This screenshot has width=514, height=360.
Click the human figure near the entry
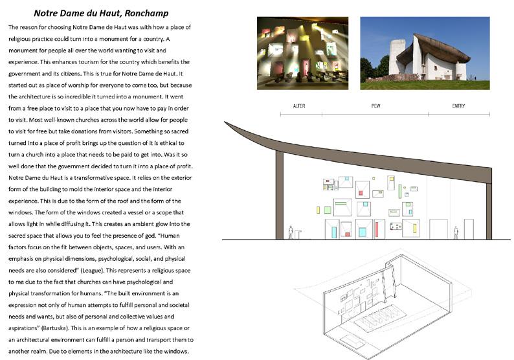click(x=456, y=232)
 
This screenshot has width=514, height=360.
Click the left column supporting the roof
click(x=279, y=194)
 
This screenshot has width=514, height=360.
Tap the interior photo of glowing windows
click(x=302, y=52)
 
